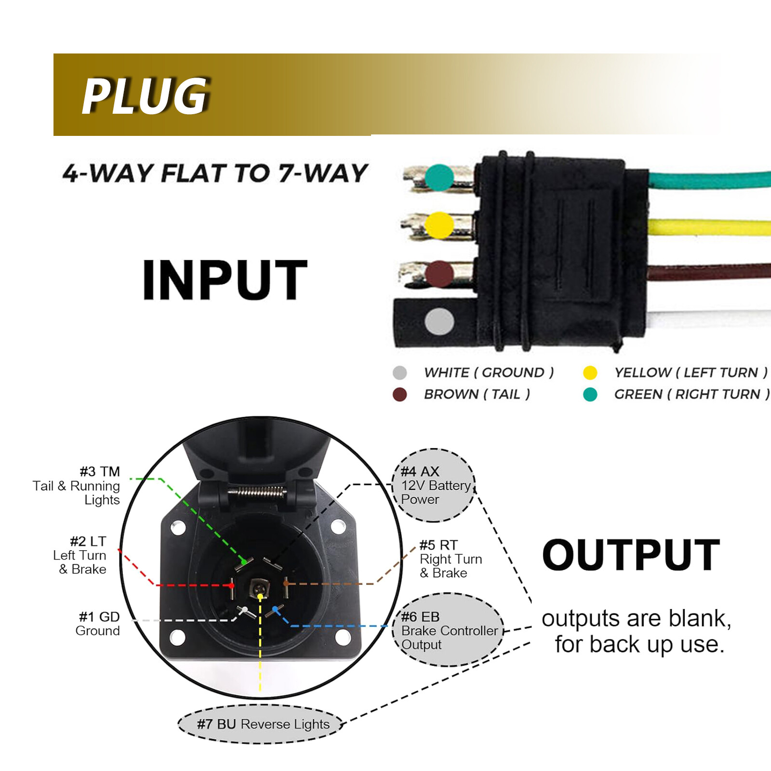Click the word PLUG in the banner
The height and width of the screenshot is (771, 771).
tap(146, 96)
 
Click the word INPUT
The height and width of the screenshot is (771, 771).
tap(225, 280)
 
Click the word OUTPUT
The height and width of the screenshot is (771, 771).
tap(631, 555)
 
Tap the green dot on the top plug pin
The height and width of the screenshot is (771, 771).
tap(439, 178)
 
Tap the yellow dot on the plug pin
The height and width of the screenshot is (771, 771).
tap(439, 225)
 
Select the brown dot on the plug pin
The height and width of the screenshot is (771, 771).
tap(439, 274)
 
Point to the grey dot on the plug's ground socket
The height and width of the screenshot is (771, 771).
tap(439, 321)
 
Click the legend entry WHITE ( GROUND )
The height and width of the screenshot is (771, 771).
tap(488, 372)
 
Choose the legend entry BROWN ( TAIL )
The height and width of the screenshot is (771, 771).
tap(477, 394)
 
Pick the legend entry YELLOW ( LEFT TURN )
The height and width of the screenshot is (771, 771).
tap(690, 372)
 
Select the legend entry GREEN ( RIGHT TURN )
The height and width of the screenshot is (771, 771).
tap(691, 394)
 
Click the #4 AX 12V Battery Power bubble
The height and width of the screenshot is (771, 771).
tap(434, 485)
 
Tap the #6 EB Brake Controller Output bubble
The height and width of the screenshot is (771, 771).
tap(448, 630)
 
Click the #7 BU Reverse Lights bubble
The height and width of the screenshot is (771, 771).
tap(263, 724)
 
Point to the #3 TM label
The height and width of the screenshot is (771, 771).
tap(100, 471)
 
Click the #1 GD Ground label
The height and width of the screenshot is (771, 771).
tap(99, 624)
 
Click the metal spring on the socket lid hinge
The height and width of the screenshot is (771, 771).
tap(257, 492)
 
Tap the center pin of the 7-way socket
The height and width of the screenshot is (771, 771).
tap(259, 589)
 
